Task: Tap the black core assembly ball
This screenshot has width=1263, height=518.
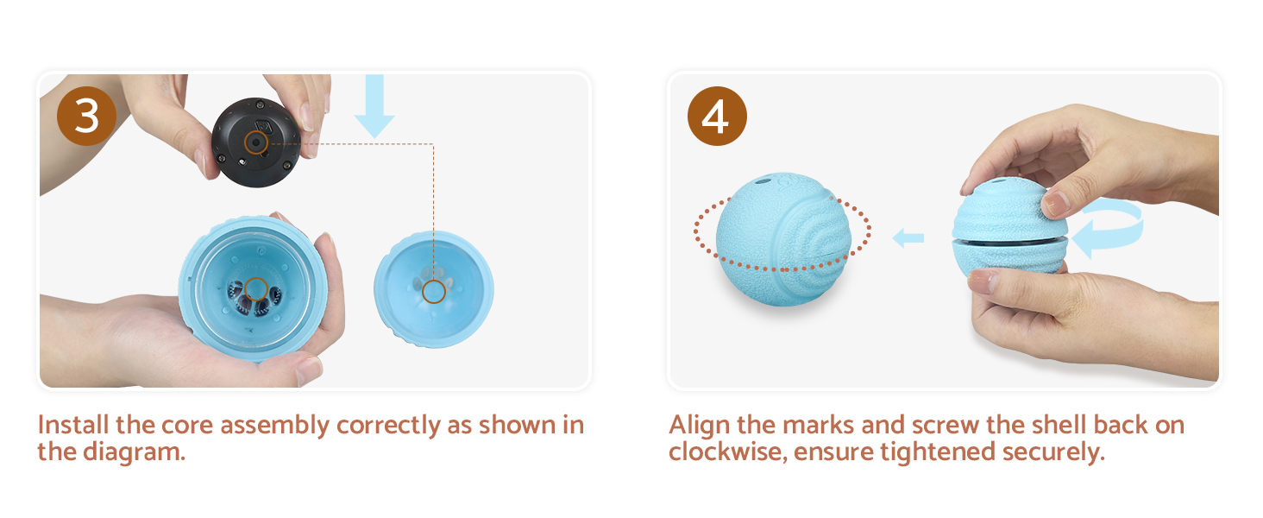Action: pos(255,140)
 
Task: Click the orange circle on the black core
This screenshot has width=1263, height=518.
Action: pos(255,143)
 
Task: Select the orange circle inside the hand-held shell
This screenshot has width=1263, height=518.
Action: pos(255,288)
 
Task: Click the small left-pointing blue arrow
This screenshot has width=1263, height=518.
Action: pos(907,237)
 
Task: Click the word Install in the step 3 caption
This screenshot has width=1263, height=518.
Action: pos(67,426)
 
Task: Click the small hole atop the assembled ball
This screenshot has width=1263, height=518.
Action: pos(763,182)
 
